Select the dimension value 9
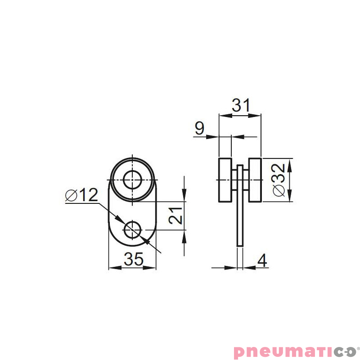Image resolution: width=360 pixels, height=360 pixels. click(x=199, y=129)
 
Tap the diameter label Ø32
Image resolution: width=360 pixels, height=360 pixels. click(x=279, y=180)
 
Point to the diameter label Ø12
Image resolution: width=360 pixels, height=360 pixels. click(x=81, y=195)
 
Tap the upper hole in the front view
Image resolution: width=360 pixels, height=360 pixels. click(x=133, y=180)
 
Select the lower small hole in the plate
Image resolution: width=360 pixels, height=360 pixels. click(x=133, y=230)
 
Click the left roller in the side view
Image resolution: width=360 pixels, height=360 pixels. click(x=225, y=180)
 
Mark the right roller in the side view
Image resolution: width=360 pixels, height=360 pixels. click(x=254, y=180)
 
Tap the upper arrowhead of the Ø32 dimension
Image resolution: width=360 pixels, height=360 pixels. click(x=289, y=162)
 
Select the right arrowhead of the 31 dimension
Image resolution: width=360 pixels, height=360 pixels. click(x=257, y=116)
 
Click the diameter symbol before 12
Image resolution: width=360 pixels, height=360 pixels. click(x=71, y=195)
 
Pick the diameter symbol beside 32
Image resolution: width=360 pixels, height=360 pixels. click(x=279, y=191)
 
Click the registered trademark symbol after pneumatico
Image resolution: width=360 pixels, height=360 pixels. click(x=358, y=346)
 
